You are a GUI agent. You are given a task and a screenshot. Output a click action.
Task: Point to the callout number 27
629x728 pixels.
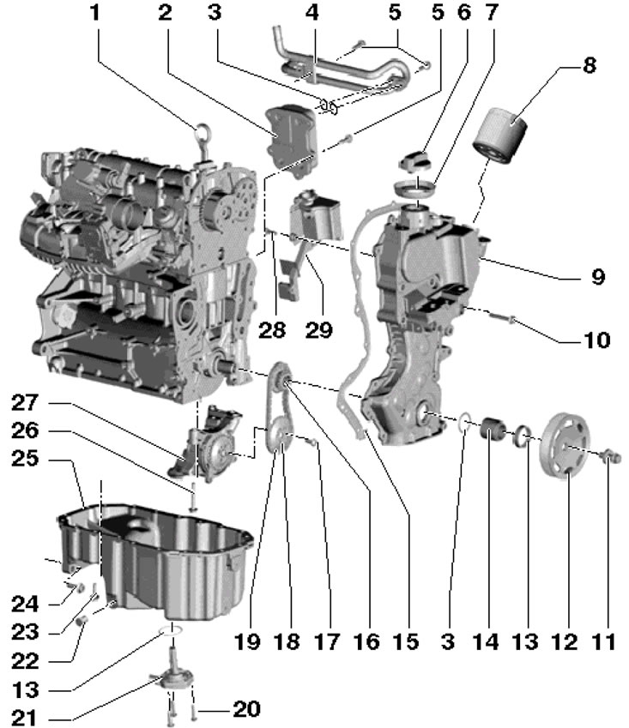[x=29, y=401]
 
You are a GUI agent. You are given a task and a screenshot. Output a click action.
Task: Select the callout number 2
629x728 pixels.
[x=165, y=15]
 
